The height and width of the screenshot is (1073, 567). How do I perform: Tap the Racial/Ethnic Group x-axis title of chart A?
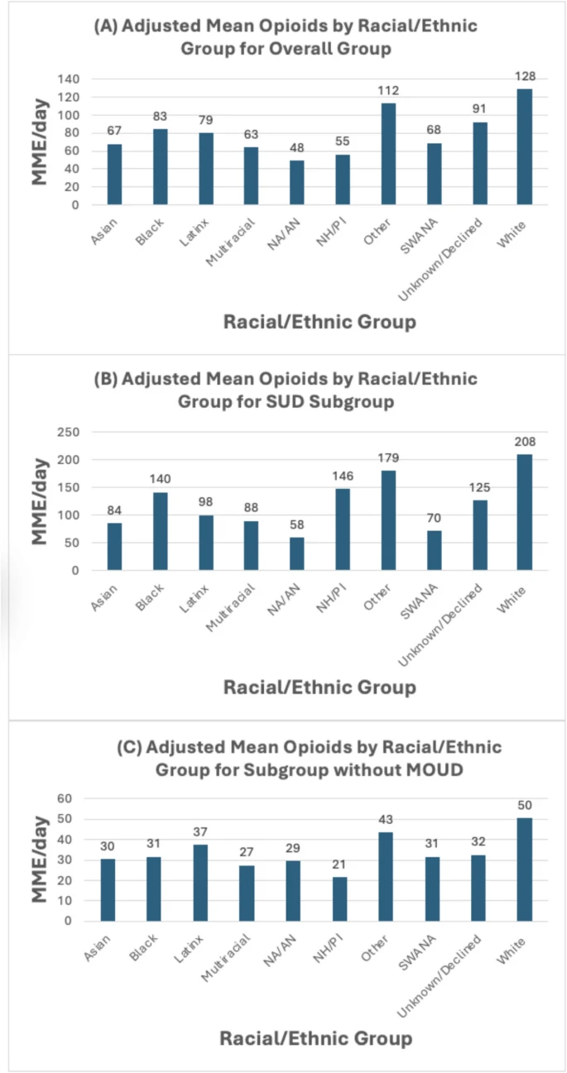(x=320, y=322)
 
